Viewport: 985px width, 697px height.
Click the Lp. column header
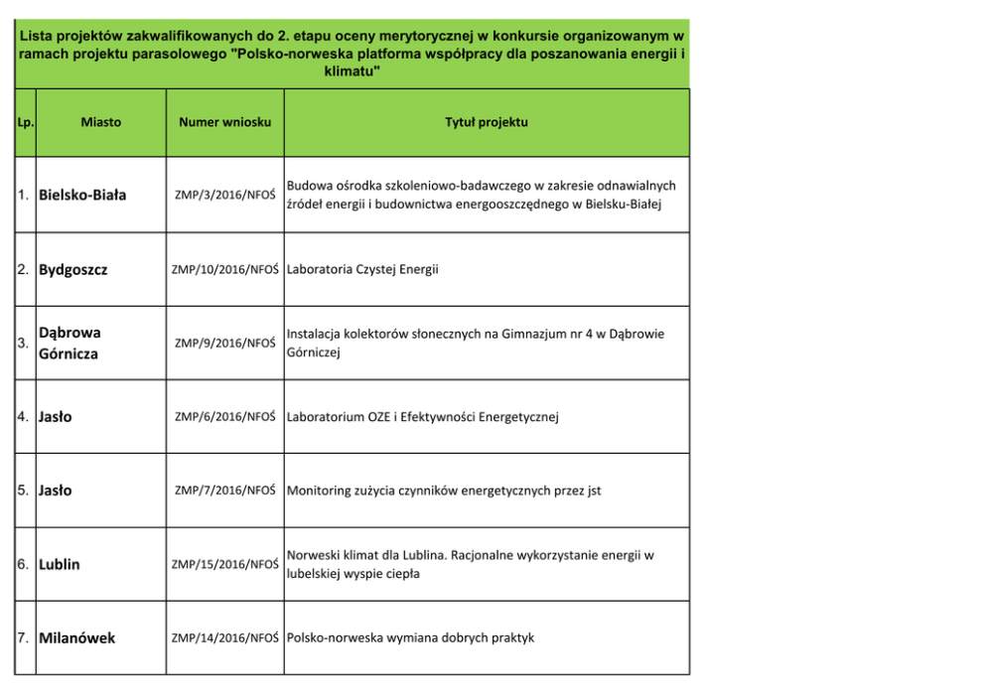(x=25, y=123)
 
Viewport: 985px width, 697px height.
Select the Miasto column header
(x=101, y=122)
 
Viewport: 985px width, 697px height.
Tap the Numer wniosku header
(x=224, y=122)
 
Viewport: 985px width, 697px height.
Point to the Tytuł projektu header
(x=487, y=122)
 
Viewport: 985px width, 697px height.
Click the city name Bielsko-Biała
(x=82, y=196)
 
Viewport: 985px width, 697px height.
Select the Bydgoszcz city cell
(x=73, y=269)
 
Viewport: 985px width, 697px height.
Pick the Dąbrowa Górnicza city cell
(x=69, y=343)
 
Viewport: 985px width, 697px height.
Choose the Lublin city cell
(x=60, y=564)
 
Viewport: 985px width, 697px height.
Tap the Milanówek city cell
(x=76, y=637)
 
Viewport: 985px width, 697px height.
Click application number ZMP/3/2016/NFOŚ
(x=224, y=196)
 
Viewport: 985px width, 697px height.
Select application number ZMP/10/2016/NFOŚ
(x=224, y=269)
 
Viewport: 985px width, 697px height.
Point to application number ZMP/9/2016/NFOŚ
(x=224, y=344)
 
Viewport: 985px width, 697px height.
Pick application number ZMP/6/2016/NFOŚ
(x=224, y=417)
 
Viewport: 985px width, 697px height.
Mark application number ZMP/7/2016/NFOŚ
(x=224, y=490)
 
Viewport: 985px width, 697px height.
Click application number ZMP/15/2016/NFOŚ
(x=224, y=564)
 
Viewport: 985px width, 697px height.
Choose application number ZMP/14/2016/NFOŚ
(x=224, y=637)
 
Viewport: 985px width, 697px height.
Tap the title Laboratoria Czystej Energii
(x=362, y=269)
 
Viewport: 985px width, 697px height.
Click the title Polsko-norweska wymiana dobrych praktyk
(x=410, y=637)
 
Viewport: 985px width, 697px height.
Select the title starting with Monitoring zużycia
(x=444, y=490)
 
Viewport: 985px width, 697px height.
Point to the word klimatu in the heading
(x=352, y=72)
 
